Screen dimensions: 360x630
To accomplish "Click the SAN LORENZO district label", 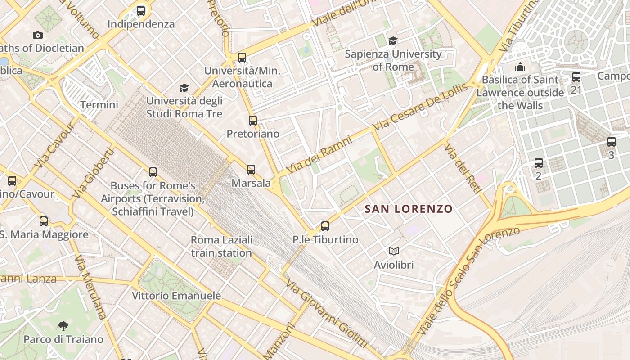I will pyautogui.click(x=408, y=209).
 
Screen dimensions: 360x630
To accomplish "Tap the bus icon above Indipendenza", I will pyautogui.click(x=141, y=11).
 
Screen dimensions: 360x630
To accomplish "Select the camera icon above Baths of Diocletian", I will pyautogui.click(x=38, y=35).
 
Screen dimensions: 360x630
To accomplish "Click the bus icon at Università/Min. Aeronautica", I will pyautogui.click(x=242, y=58).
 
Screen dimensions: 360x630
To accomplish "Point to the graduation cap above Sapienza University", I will pyautogui.click(x=393, y=41).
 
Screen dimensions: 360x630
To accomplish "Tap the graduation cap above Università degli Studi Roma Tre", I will pyautogui.click(x=184, y=88).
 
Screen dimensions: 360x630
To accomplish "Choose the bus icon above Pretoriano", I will pyautogui.click(x=253, y=121).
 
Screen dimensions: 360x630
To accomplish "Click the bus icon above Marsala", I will pyautogui.click(x=251, y=170).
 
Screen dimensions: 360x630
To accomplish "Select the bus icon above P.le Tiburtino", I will pyautogui.click(x=325, y=226).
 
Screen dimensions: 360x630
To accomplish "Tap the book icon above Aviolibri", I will pyautogui.click(x=394, y=252).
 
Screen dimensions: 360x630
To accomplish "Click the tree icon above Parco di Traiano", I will pyautogui.click(x=63, y=326).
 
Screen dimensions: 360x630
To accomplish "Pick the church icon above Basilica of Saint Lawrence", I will pyautogui.click(x=520, y=67).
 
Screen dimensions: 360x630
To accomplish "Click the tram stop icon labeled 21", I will pyautogui.click(x=576, y=77).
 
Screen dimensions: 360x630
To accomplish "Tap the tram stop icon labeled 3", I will pyautogui.click(x=611, y=142).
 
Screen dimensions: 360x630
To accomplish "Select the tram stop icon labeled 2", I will pyautogui.click(x=539, y=163).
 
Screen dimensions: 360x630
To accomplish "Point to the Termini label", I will pyautogui.click(x=99, y=105).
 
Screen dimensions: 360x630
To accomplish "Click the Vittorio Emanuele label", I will pyautogui.click(x=176, y=296).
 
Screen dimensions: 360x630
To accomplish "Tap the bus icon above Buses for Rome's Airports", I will pyautogui.click(x=153, y=172).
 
